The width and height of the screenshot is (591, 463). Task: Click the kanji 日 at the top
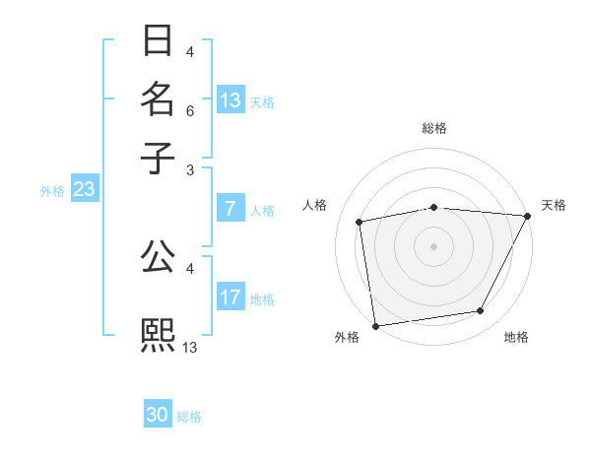coord(158,41)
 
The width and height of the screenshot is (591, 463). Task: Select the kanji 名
coord(158,99)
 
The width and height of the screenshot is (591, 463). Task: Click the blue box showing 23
coord(84,189)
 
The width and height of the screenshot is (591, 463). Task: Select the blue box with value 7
coord(230,209)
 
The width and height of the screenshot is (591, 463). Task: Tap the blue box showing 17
coord(230,298)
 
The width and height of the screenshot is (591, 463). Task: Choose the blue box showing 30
coord(158,415)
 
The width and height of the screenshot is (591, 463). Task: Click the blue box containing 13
coord(230,100)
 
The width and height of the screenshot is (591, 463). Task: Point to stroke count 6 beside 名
coord(190,110)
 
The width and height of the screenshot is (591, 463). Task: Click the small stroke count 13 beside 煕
coord(190,347)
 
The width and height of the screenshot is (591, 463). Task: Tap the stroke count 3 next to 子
coord(190,169)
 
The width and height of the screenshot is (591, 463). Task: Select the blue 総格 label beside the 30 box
coord(189,417)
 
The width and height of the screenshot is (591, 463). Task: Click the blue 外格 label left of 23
coord(52,191)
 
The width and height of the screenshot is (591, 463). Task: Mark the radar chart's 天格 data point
coord(529,216)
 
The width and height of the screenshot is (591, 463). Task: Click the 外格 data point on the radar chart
coord(375,325)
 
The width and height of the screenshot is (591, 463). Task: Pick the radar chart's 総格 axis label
coord(434,128)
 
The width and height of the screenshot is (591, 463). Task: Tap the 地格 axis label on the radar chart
coord(516,338)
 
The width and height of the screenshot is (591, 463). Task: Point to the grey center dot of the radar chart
coord(433,245)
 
